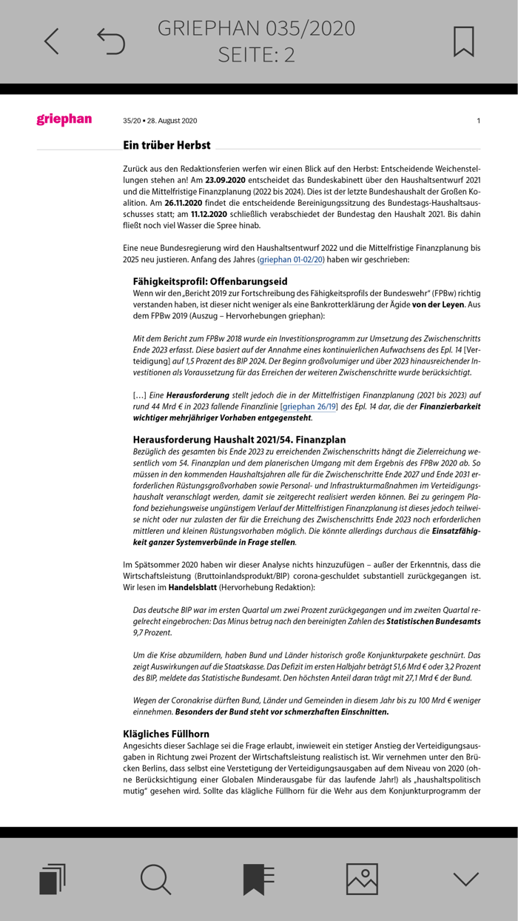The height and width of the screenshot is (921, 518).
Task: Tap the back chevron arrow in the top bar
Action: coord(50,41)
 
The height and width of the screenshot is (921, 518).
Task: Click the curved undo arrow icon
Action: coord(111,41)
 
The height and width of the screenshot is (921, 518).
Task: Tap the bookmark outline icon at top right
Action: coord(463,41)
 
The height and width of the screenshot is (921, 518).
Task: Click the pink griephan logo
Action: coord(64,119)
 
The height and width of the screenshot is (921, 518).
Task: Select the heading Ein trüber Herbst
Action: coord(166,145)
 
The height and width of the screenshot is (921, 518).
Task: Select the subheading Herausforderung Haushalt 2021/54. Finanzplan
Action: coord(239,440)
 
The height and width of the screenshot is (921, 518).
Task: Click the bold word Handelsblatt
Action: coord(192,587)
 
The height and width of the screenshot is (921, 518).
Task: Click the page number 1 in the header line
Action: coord(478,121)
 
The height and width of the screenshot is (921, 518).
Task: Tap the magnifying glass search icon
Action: coord(155,878)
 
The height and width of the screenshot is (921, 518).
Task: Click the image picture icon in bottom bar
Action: coord(362,878)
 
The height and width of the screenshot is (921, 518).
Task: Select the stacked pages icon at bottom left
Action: coord(52,878)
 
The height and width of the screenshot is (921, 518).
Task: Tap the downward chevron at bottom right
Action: coord(465,879)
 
